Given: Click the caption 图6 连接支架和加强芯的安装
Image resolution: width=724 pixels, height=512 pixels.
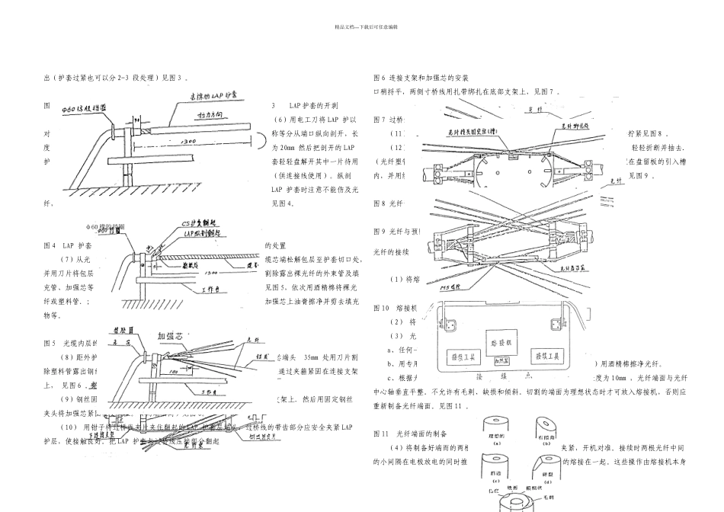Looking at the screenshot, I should [420, 78].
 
